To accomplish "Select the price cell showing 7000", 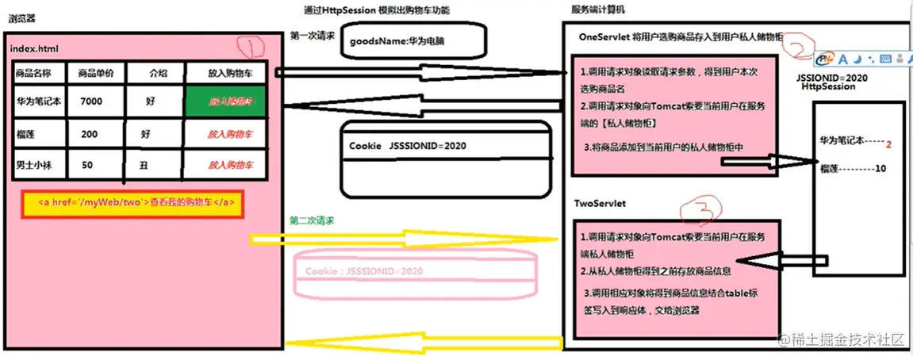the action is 91,101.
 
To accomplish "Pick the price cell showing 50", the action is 87,165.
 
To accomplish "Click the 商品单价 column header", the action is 96,72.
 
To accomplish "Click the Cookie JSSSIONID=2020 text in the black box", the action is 407,147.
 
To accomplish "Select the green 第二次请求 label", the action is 311,220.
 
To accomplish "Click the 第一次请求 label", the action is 312,36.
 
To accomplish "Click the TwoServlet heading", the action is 600,204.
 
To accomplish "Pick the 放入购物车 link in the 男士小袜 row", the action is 230,165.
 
